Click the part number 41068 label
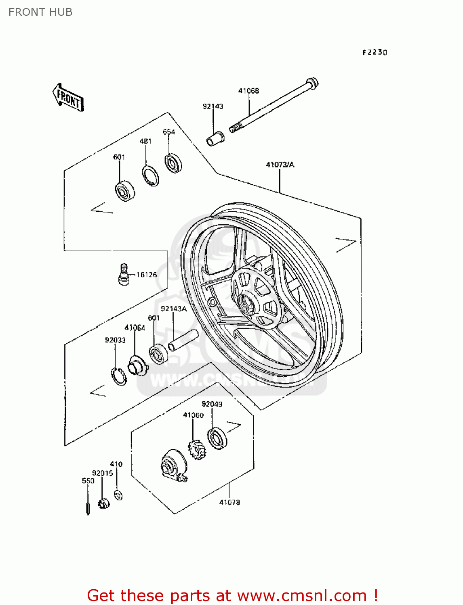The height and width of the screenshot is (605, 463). click(248, 91)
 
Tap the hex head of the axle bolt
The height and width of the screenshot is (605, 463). click(313, 83)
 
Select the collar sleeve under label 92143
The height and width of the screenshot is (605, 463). click(215, 138)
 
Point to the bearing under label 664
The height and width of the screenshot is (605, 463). click(173, 163)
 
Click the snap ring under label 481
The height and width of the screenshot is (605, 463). click(151, 176)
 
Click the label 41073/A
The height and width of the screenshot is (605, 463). click(280, 165)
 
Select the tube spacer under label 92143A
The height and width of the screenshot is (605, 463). click(183, 340)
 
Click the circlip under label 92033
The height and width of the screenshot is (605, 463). click(119, 376)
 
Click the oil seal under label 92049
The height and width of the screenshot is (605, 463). click(217, 438)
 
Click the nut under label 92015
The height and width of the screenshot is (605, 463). click(104, 503)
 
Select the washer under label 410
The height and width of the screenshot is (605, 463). click(118, 495)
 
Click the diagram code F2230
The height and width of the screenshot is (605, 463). click(375, 52)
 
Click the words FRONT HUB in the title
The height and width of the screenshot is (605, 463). click(40, 12)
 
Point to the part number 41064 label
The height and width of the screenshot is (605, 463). click(135, 328)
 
